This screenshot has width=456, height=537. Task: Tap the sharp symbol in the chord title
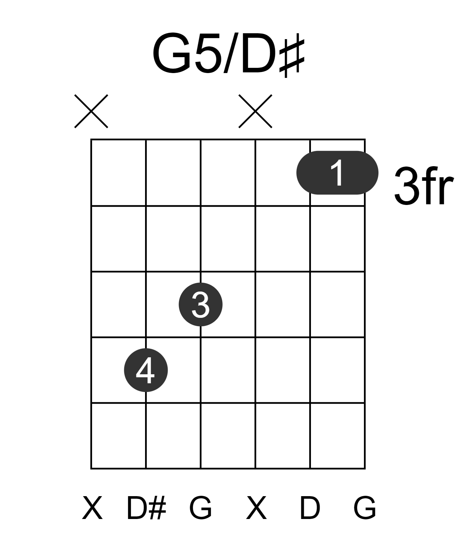292,55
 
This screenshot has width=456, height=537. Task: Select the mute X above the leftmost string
91,111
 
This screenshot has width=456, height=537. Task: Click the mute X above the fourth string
256,111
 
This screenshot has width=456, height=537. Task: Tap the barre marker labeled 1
337,172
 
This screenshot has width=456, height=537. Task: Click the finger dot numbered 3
200,304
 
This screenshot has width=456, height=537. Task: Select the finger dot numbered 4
146,370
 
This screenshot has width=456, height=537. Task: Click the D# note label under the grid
146,508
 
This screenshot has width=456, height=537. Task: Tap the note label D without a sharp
310,508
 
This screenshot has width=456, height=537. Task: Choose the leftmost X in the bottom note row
92,508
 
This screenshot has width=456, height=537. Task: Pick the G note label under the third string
200,508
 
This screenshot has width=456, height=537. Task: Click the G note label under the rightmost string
365,508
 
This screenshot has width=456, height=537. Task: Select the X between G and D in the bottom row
256,508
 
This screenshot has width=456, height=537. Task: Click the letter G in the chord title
172,53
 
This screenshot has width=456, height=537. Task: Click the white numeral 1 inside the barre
337,172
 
